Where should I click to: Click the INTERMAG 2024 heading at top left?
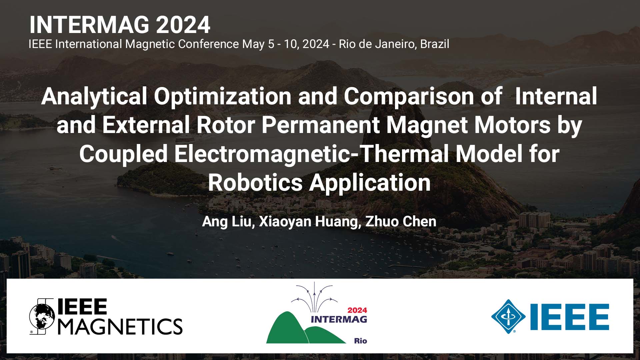coord(120,25)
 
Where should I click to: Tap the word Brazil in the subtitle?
coord(434,44)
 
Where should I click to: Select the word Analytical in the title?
coord(94,96)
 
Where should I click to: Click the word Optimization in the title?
coord(223,96)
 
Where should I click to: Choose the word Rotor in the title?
coord(226,125)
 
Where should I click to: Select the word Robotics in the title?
coord(255,183)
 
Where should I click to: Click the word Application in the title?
coord(370,183)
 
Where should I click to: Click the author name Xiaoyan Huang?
coord(308,222)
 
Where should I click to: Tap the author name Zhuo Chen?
coord(401,222)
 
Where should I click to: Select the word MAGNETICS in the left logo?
coord(120,326)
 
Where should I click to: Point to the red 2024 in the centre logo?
coord(357,310)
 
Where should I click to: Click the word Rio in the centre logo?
coord(360,341)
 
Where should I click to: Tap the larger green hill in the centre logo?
coord(286,330)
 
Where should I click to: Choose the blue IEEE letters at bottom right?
coord(569,317)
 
